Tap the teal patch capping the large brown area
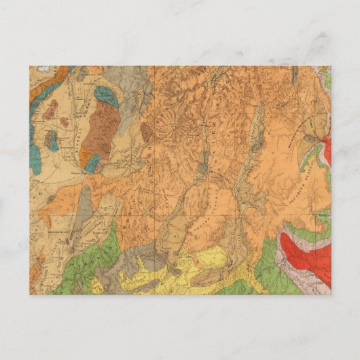107,95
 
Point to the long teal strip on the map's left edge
33,146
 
